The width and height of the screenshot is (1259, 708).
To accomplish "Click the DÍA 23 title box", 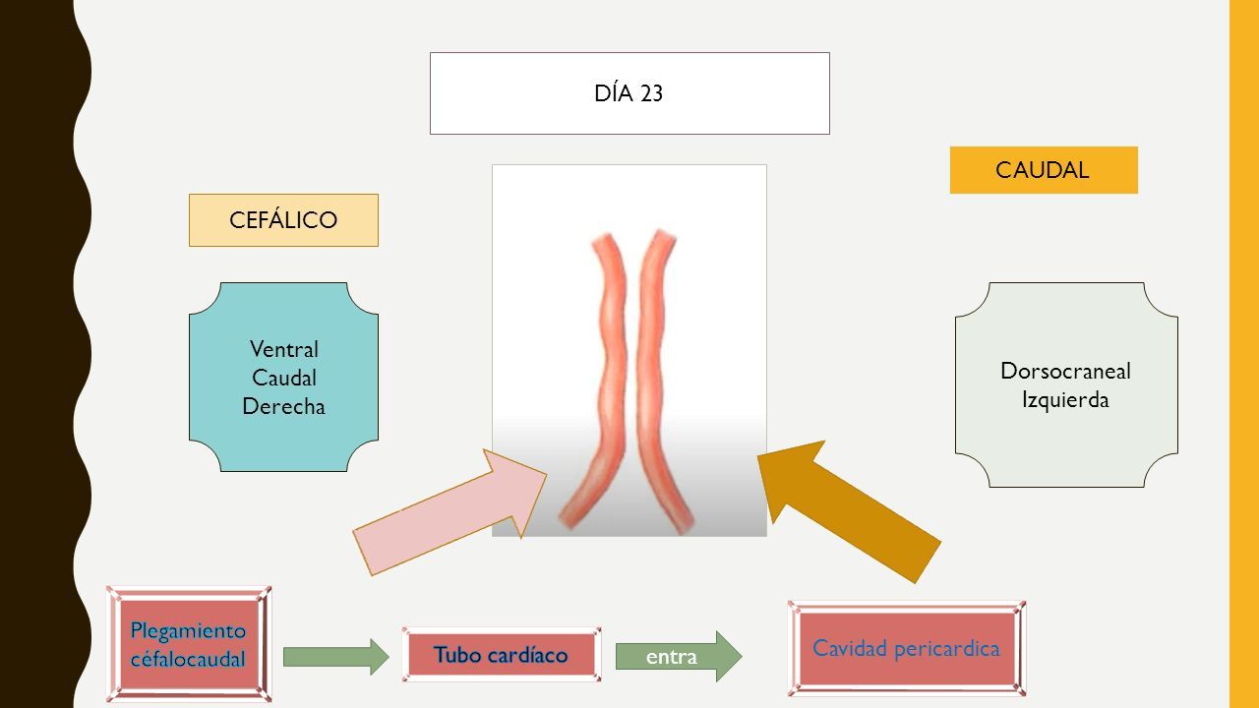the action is click(629, 93).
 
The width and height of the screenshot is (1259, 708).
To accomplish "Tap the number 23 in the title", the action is click(651, 93).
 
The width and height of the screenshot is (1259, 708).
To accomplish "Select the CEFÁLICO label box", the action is click(283, 220).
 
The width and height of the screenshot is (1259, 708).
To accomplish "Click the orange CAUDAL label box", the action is click(1044, 170).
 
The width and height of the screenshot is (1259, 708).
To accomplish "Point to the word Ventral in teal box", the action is click(284, 349).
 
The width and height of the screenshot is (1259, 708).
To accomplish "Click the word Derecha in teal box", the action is click(283, 406).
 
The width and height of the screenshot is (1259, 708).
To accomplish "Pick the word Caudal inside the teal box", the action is click(284, 378).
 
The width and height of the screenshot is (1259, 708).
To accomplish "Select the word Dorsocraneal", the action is click(1065, 371).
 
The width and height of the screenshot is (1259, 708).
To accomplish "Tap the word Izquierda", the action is click(1065, 400).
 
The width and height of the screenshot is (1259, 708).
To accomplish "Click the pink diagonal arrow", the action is click(450, 512).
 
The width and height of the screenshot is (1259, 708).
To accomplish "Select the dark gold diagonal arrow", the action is click(849, 511).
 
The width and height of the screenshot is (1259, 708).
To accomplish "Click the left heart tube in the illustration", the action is click(607, 383).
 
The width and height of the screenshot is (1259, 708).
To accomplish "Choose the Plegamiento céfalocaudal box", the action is click(189, 644).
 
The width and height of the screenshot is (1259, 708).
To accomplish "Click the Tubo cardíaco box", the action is click(502, 655).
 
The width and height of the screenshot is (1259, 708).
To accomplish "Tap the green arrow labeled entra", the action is click(679, 656).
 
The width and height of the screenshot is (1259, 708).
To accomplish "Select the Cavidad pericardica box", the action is click(907, 649).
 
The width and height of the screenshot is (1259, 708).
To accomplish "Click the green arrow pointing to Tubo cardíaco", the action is click(335, 656).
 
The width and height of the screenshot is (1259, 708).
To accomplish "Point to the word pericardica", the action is click(947, 648).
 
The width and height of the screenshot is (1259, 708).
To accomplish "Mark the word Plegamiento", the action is click(188, 631).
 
